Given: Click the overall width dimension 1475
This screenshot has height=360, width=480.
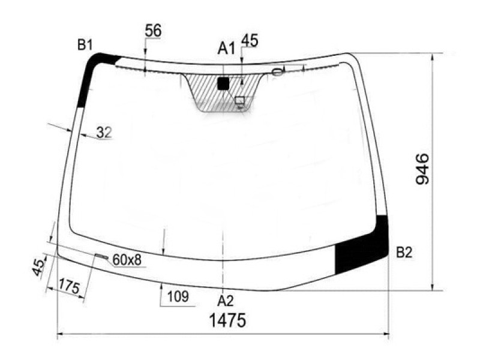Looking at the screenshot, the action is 227,320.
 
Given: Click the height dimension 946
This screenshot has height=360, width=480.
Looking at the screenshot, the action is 423,169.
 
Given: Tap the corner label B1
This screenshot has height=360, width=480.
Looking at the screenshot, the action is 85,46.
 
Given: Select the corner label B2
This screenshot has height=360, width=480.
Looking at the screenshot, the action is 404,253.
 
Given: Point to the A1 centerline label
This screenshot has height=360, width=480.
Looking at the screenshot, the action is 227,49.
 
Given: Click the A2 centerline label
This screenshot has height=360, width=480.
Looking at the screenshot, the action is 226,302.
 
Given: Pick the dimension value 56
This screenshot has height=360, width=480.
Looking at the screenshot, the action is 153,31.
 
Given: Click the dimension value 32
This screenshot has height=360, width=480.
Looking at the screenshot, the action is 104,133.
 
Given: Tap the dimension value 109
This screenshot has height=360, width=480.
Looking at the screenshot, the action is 178,296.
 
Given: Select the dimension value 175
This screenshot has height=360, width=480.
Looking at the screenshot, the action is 69,286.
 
